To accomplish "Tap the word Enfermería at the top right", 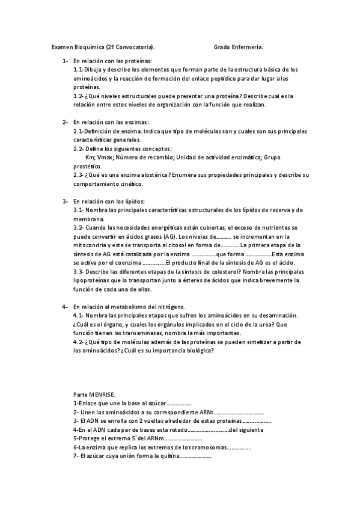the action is [248, 46].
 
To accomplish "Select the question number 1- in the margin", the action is [65, 61].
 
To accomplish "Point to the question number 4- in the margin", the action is [65, 307].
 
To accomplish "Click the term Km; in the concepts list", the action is [91, 158].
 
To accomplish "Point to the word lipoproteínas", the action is [91, 280].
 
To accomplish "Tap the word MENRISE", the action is [100, 394].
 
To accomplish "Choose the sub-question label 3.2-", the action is [79, 228].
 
